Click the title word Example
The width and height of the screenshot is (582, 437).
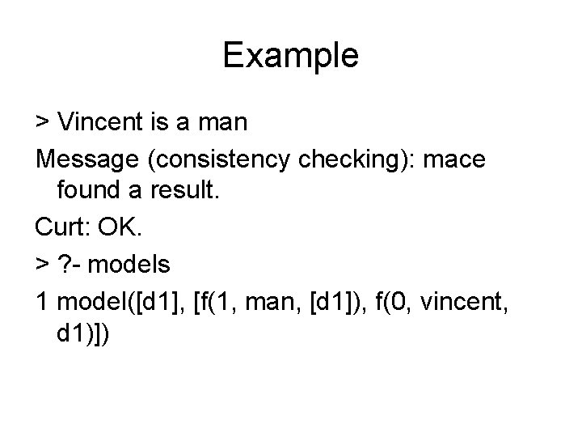pos(290,55)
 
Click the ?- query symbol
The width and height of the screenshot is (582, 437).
pos(69,265)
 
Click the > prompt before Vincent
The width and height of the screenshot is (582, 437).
pos(42,122)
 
